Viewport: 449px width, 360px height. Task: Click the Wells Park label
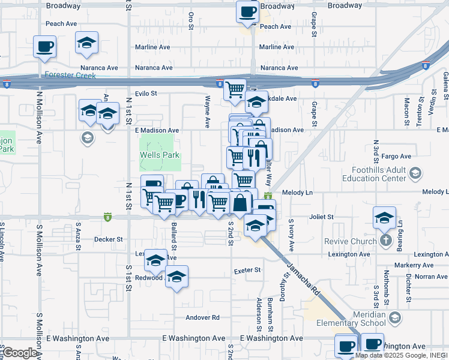160,154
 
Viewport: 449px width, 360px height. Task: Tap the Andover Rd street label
203,317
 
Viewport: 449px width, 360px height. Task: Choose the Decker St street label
108,239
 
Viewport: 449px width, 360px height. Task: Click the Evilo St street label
145,94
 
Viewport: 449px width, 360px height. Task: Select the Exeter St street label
247,270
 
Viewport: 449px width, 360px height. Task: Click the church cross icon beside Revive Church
385,241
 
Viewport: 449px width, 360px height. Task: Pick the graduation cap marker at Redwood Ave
176,277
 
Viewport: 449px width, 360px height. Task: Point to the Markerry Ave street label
414,265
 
